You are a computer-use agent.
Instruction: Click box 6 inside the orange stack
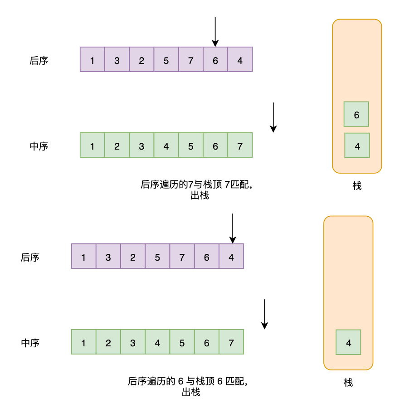point(356,114)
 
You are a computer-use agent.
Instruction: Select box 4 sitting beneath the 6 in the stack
point(357,146)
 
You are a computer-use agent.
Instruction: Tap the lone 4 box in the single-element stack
point(348,342)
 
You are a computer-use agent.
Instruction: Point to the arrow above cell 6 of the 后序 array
point(215,32)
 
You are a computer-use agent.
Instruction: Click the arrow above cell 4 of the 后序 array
point(232,228)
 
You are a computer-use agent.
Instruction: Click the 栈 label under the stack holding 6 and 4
point(357,186)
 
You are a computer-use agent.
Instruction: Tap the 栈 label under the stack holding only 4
point(348,383)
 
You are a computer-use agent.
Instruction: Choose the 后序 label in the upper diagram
point(39,61)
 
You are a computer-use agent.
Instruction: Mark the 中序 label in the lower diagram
point(30,343)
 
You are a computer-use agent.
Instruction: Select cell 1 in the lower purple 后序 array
point(83,257)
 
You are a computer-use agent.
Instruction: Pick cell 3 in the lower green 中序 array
point(132,342)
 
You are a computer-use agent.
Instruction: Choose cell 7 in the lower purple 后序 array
point(182,257)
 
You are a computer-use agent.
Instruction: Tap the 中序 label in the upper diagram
point(39,146)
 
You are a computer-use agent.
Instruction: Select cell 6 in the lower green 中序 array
point(206,342)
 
